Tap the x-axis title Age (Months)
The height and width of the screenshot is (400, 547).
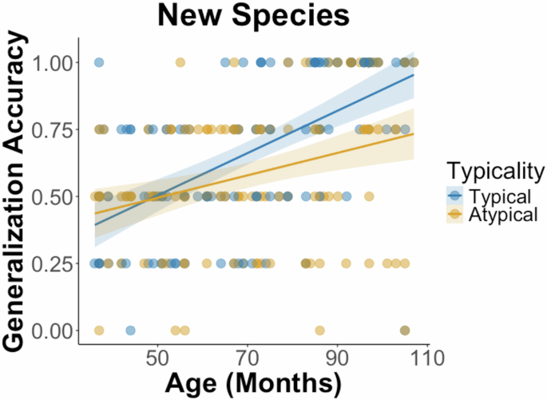[253, 382]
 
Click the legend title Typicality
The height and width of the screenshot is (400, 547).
[495, 170]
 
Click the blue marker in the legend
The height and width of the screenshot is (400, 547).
[455, 196]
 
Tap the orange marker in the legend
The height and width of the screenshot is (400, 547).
[455, 215]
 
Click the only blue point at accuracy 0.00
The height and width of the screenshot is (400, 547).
[130, 331]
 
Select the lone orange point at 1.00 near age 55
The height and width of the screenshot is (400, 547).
[180, 62]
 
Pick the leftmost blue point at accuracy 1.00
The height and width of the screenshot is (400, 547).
[99, 62]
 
